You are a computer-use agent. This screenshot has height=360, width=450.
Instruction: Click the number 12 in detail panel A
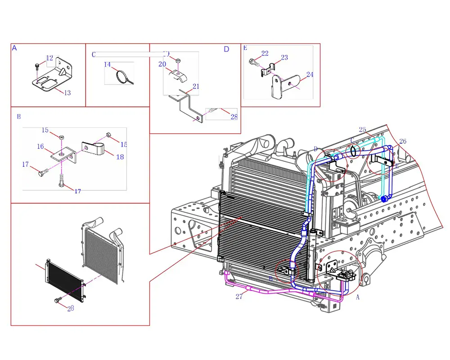click(49, 58)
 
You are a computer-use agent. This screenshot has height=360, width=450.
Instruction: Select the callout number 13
click(67, 93)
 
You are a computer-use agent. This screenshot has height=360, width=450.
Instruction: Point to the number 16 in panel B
click(40, 146)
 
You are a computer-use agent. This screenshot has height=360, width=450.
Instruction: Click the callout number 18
click(120, 157)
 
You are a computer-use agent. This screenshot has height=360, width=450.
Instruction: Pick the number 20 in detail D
click(162, 64)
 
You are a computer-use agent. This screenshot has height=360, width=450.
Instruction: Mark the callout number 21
click(196, 86)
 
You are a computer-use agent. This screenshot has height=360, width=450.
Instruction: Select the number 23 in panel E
click(284, 57)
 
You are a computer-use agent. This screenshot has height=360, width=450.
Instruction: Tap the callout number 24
click(310, 75)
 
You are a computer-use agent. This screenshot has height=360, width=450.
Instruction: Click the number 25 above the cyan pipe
click(362, 130)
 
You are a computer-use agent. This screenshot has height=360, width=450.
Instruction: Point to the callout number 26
click(403, 141)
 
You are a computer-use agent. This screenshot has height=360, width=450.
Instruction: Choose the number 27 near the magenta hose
click(239, 297)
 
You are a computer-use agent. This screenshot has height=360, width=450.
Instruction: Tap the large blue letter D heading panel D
click(226, 49)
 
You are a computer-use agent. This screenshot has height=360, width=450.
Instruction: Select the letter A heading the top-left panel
click(14, 48)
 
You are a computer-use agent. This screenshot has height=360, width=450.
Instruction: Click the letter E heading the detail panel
click(245, 48)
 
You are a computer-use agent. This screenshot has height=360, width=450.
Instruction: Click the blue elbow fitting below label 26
click(385, 199)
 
